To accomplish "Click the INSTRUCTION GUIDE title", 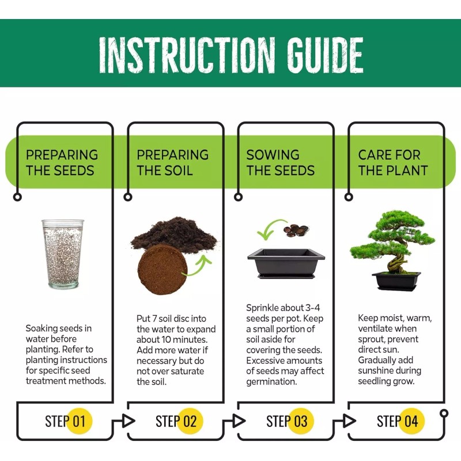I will coord(231,55).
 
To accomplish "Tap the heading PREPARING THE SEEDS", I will coord(62,163).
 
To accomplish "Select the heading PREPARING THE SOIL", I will coord(172,163).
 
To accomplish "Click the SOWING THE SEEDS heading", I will coord(281,163).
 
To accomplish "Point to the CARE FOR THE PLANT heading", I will coord(392,163).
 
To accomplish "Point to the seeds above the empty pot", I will coord(296,229).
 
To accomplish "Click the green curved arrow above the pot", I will coord(269,229).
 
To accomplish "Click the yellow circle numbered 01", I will coord(79,421).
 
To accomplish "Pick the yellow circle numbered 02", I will coord(190,421).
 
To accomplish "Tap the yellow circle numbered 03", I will coord(300,421).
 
